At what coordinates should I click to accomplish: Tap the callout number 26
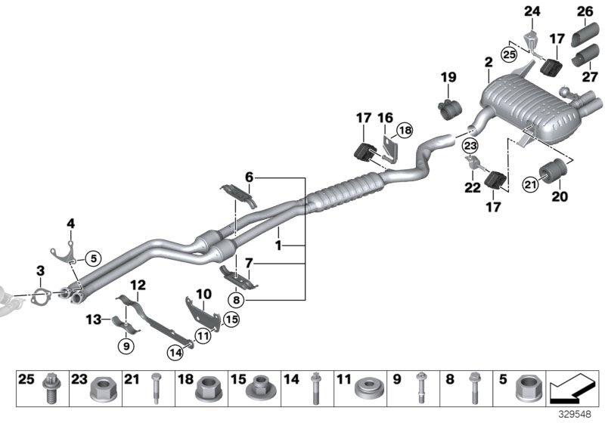(585, 11)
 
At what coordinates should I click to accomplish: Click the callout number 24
(532, 11)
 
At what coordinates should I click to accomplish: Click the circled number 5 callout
(92, 258)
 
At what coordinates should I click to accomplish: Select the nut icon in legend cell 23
(102, 393)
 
